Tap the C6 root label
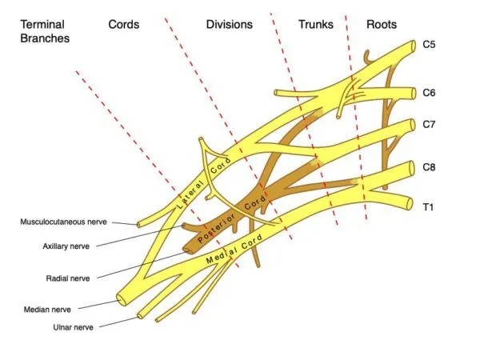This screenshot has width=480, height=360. click(430, 93)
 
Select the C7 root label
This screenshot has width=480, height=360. click(430, 124)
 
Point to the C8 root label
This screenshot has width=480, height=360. click(430, 168)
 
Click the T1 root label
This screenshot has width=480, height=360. click(428, 206)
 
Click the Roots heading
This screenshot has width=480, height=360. click(382, 25)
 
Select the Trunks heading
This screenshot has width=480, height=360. click(315, 25)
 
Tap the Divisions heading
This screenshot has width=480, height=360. click(229, 25)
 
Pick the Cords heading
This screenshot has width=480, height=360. click(124, 25)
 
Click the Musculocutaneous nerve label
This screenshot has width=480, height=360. click(63, 222)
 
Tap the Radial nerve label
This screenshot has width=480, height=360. click(68, 278)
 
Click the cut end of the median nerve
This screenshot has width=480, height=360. click(123, 301)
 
